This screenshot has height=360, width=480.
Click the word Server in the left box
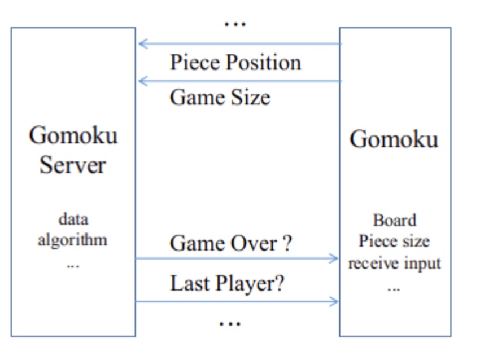pos(72,165)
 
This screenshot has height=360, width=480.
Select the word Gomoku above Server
pos(73,135)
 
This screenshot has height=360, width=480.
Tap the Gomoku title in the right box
pos(394,138)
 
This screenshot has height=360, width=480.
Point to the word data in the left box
pos(73,219)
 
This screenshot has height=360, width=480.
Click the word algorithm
pos(72,239)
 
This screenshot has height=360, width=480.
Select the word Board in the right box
pos(394,220)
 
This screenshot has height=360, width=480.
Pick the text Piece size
pos(394,242)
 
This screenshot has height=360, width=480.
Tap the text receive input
pos(394,263)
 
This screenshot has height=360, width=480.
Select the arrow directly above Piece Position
pos(239,44)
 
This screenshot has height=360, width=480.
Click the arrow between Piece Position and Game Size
pos(239,81)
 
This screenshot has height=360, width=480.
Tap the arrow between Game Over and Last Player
pos(237,259)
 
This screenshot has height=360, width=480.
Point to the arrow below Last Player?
pos(237,301)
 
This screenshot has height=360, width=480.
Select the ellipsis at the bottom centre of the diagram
pos(229,323)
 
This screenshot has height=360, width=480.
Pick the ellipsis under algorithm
pos(73,264)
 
